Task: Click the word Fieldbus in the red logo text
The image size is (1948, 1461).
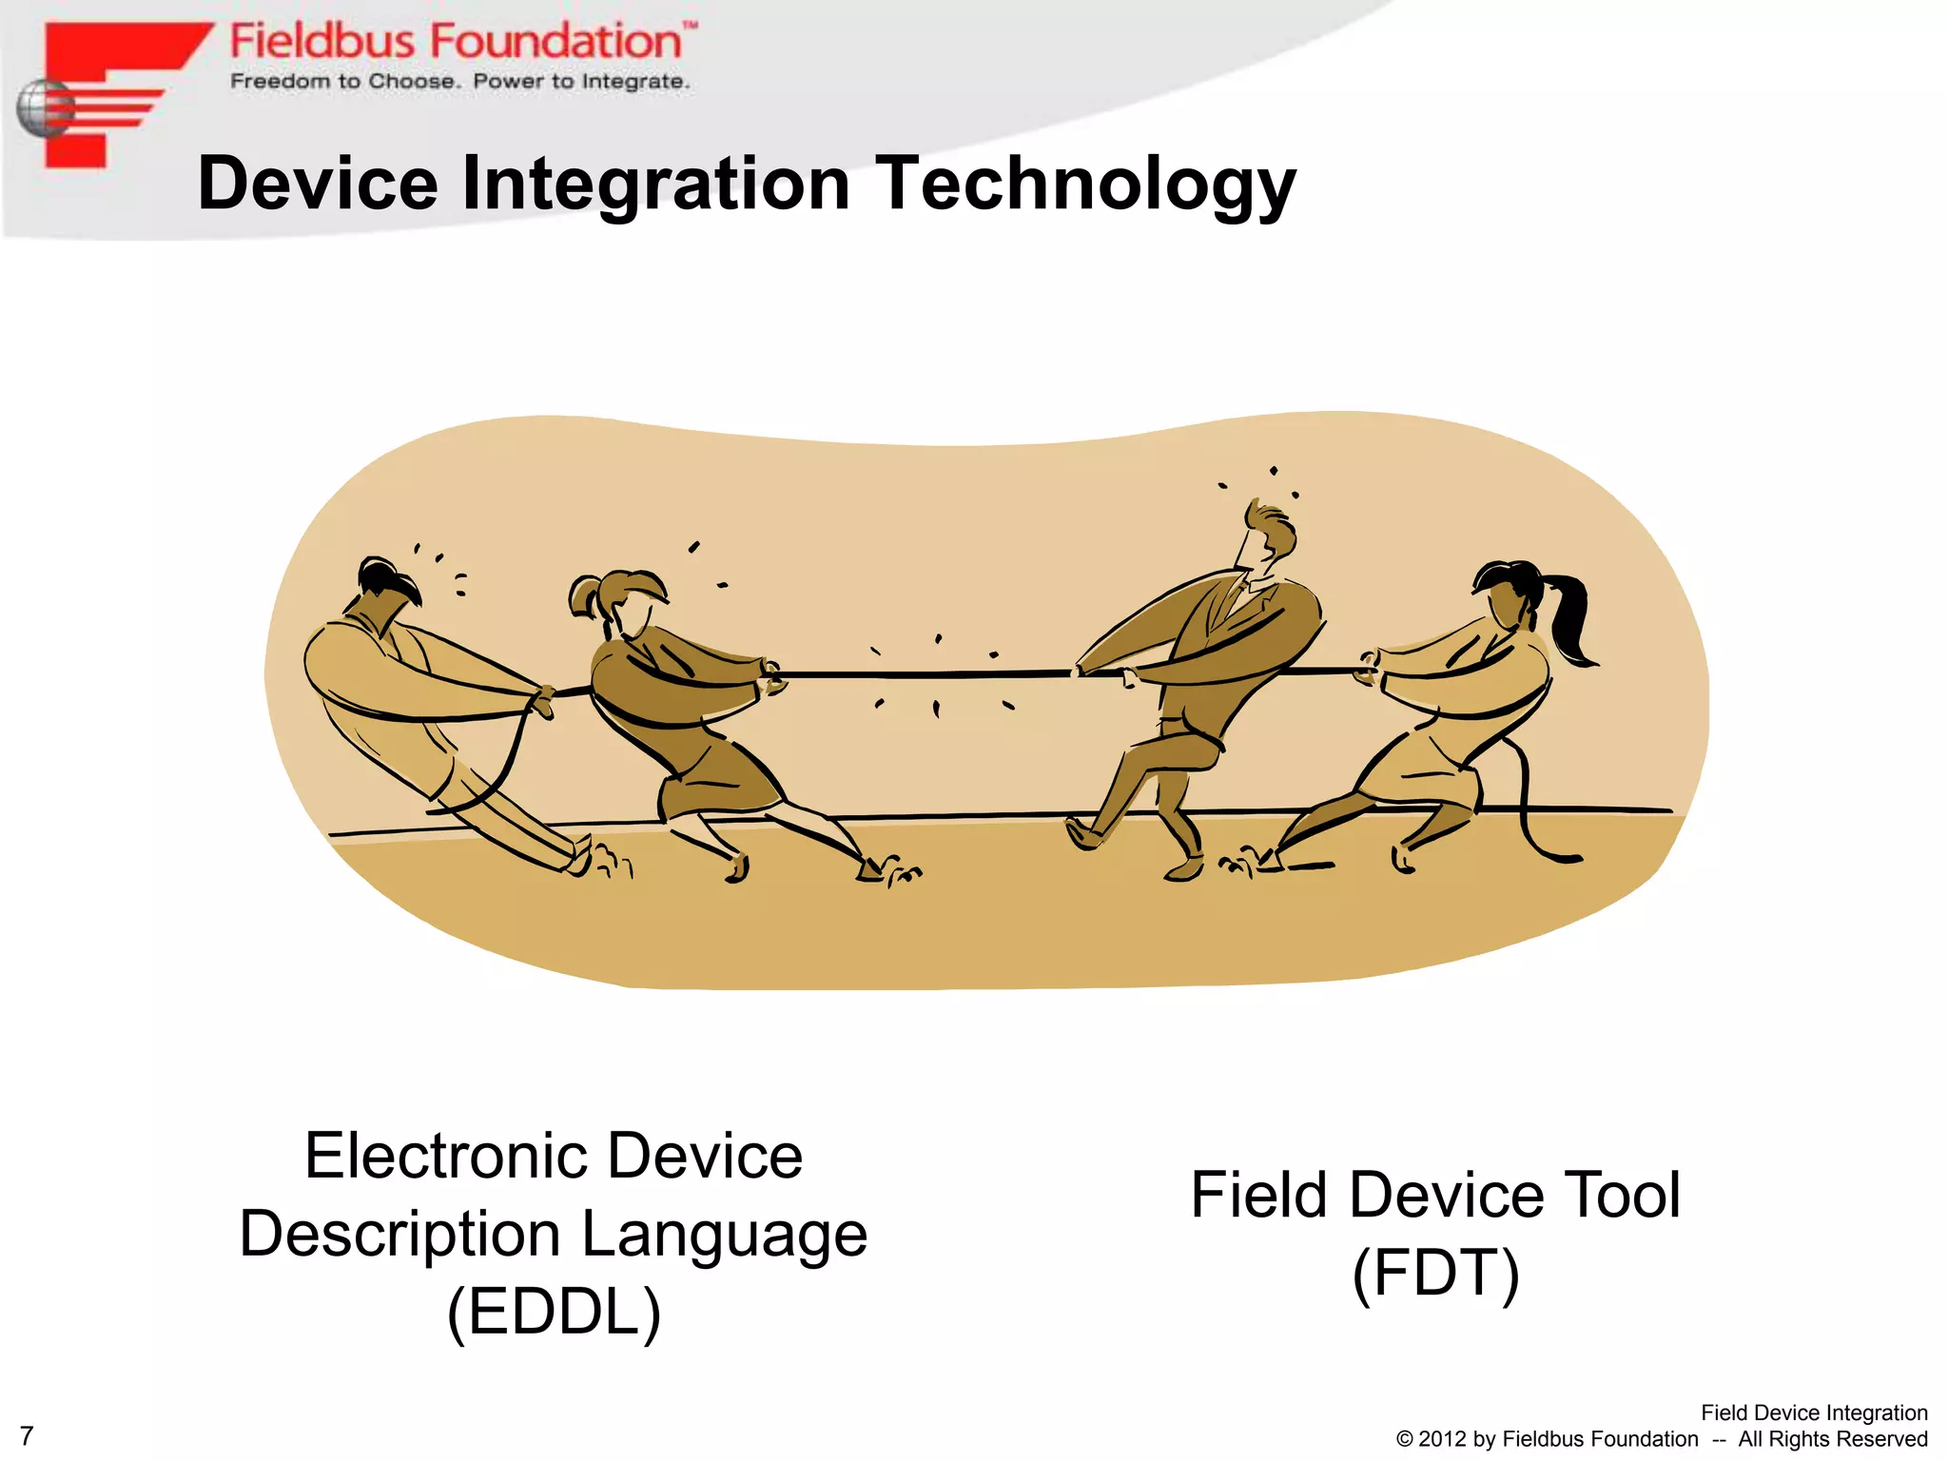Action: click(322, 42)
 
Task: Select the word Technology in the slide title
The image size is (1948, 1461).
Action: click(1084, 185)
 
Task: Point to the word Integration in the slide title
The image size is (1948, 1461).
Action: click(655, 185)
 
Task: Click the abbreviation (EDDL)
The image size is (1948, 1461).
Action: click(554, 1312)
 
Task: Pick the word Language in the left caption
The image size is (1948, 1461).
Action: click(724, 1235)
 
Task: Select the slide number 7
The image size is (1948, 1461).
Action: click(27, 1435)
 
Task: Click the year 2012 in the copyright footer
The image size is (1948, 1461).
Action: click(1442, 1439)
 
